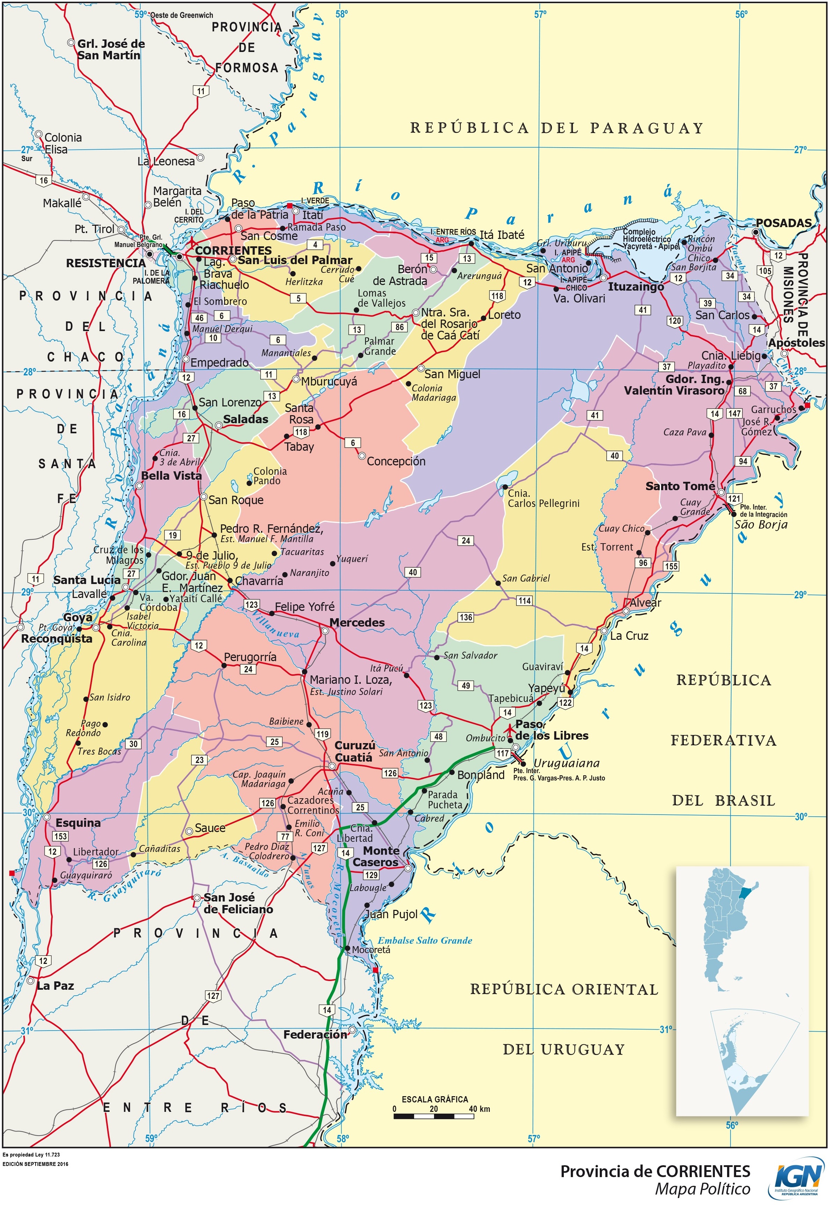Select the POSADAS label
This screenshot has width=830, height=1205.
tap(783, 223)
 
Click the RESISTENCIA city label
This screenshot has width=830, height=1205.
tap(106, 263)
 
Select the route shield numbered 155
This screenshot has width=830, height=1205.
tap(671, 566)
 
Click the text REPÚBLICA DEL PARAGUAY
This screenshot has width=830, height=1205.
tap(556, 128)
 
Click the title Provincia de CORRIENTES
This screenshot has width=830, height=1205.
tap(655, 1171)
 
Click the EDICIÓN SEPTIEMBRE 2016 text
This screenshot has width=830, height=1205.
tap(35, 1164)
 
